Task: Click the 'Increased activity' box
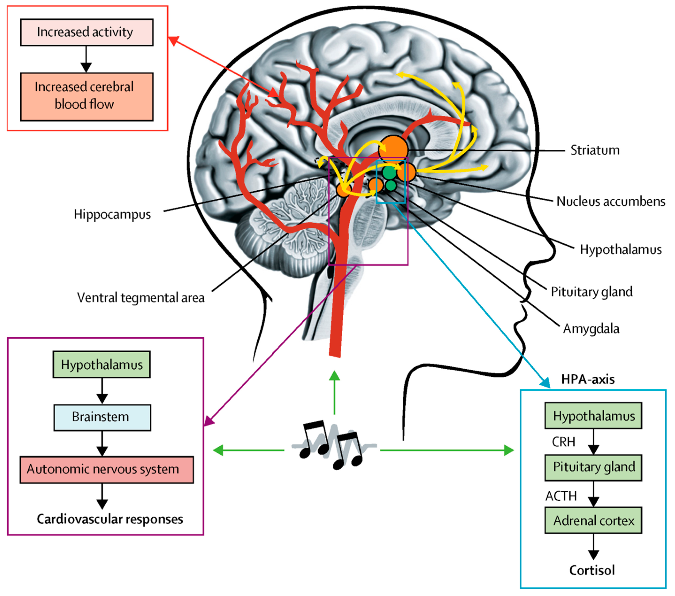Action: (x=87, y=32)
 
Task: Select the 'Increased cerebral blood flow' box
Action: (x=87, y=96)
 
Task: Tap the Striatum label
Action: (x=595, y=150)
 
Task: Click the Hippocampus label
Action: (x=112, y=214)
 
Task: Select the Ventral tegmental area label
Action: (x=141, y=297)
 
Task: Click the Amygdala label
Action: (x=591, y=329)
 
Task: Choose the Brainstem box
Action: (x=102, y=417)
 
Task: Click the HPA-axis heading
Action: (x=588, y=379)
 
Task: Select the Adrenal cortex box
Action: (x=593, y=520)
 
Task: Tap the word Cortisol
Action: (x=592, y=570)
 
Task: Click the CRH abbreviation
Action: (x=563, y=442)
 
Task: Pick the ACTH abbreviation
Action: (x=561, y=496)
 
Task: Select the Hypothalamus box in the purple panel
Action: (x=102, y=364)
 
